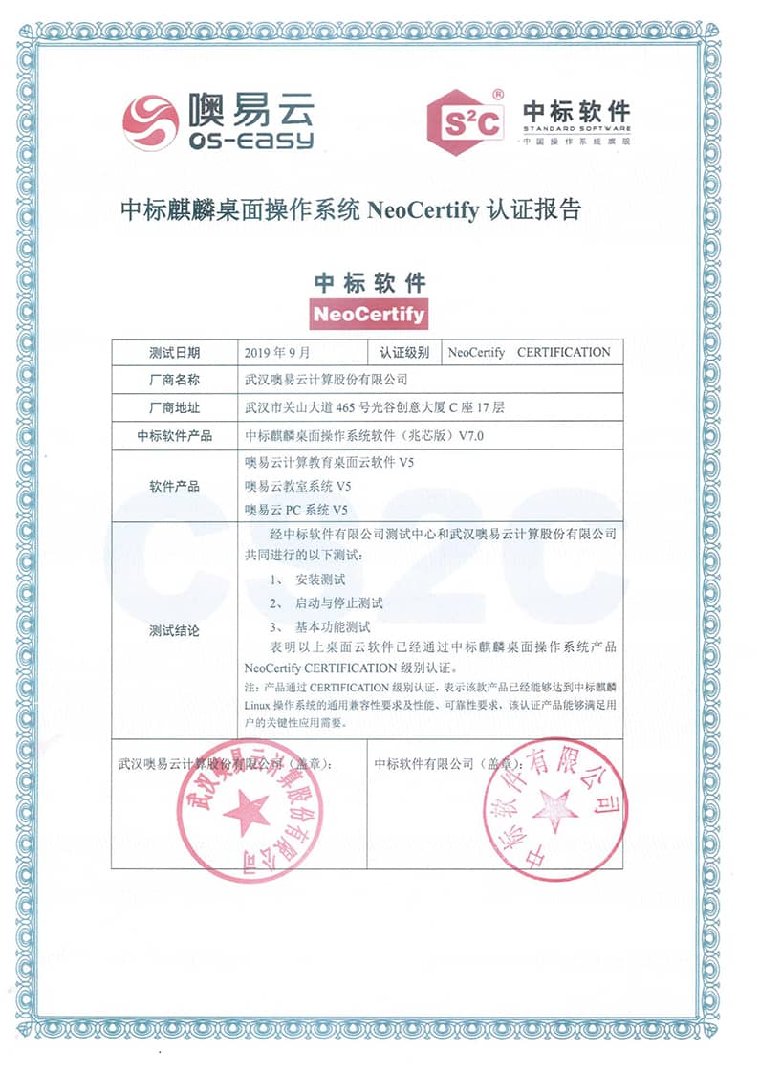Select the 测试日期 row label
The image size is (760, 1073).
[x=174, y=352]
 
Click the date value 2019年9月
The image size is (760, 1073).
[x=278, y=352]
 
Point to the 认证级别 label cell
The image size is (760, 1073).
[x=404, y=352]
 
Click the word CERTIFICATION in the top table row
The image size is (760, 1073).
[x=563, y=352]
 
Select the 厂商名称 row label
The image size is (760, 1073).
[x=174, y=380]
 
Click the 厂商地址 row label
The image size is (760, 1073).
[x=174, y=407]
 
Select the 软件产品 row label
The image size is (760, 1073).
[x=174, y=486]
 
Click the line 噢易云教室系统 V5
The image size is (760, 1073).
[x=297, y=486]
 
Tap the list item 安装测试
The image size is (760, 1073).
[x=320, y=580]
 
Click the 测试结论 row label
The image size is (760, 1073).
[x=174, y=631]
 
